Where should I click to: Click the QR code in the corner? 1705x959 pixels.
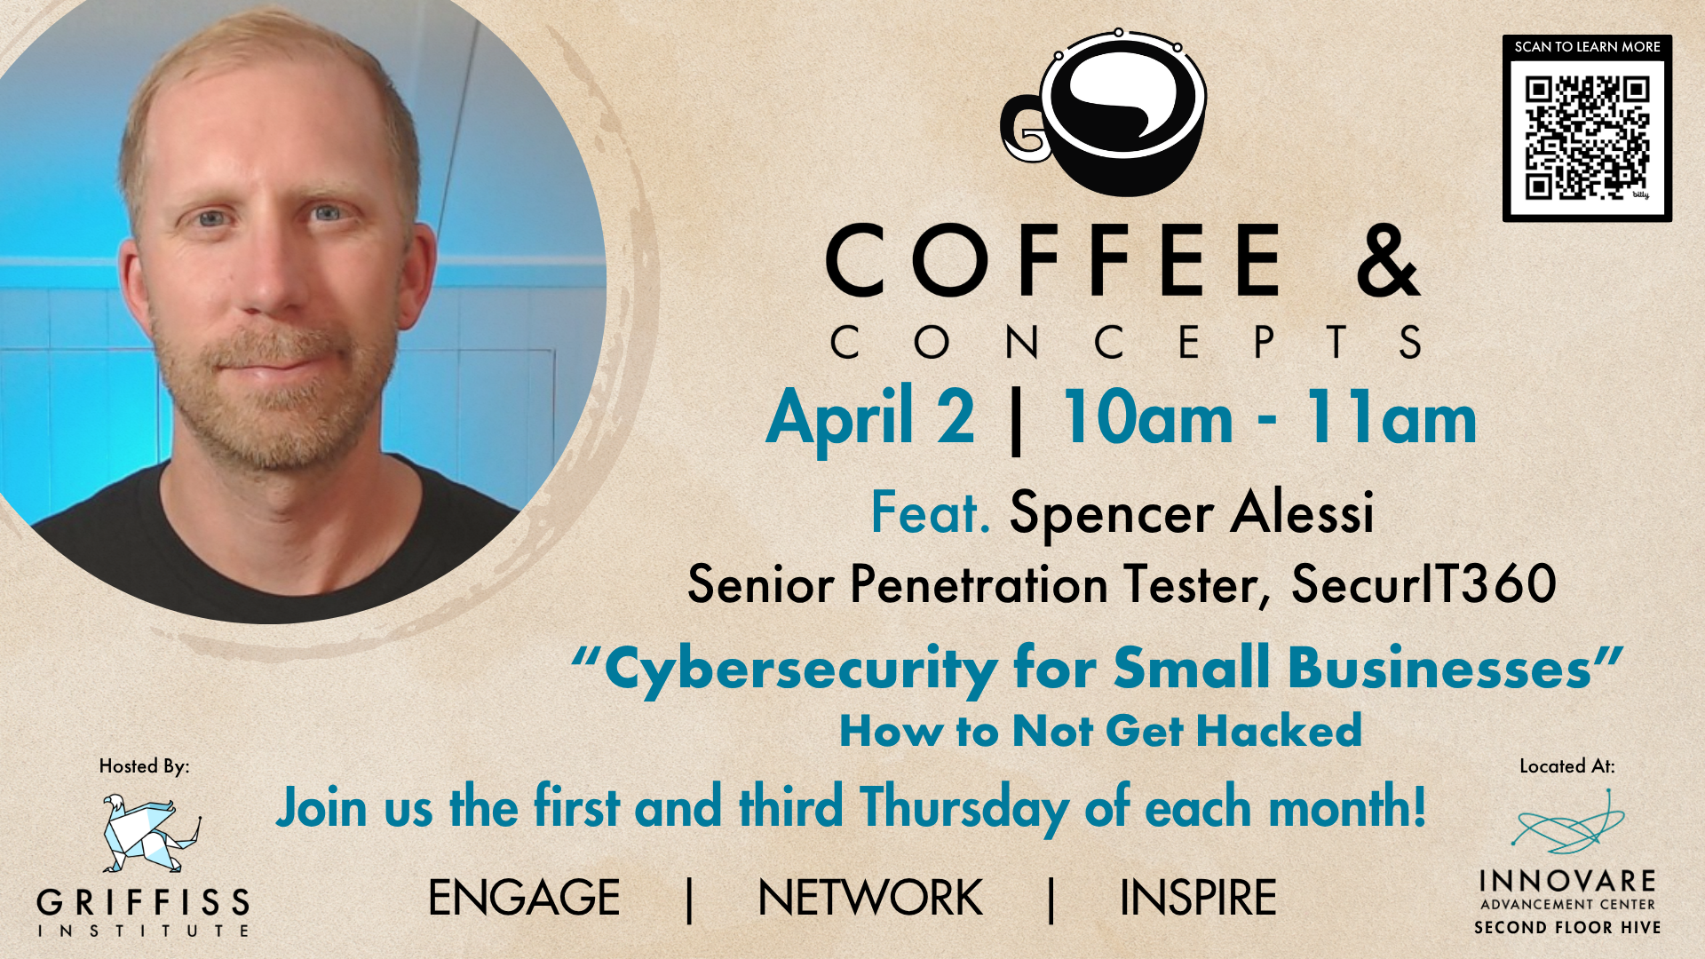1587,138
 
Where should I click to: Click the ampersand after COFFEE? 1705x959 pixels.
1389,259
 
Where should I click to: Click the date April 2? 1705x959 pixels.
870,417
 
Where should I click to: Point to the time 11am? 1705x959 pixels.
1391,417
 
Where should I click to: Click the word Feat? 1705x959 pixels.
930,512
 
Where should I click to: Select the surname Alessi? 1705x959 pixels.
1303,512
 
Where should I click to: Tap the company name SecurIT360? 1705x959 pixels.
1423,584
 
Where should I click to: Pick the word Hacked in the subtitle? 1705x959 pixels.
1279,731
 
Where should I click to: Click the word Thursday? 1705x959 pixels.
964,808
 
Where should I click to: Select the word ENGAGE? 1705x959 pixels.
524,898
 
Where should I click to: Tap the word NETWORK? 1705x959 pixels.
870,898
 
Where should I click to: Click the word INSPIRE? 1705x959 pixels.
1198,898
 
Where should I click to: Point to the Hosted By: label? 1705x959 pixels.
144,766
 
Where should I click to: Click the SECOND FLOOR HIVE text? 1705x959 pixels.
1567,928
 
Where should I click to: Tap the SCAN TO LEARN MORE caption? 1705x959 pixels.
1587,47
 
